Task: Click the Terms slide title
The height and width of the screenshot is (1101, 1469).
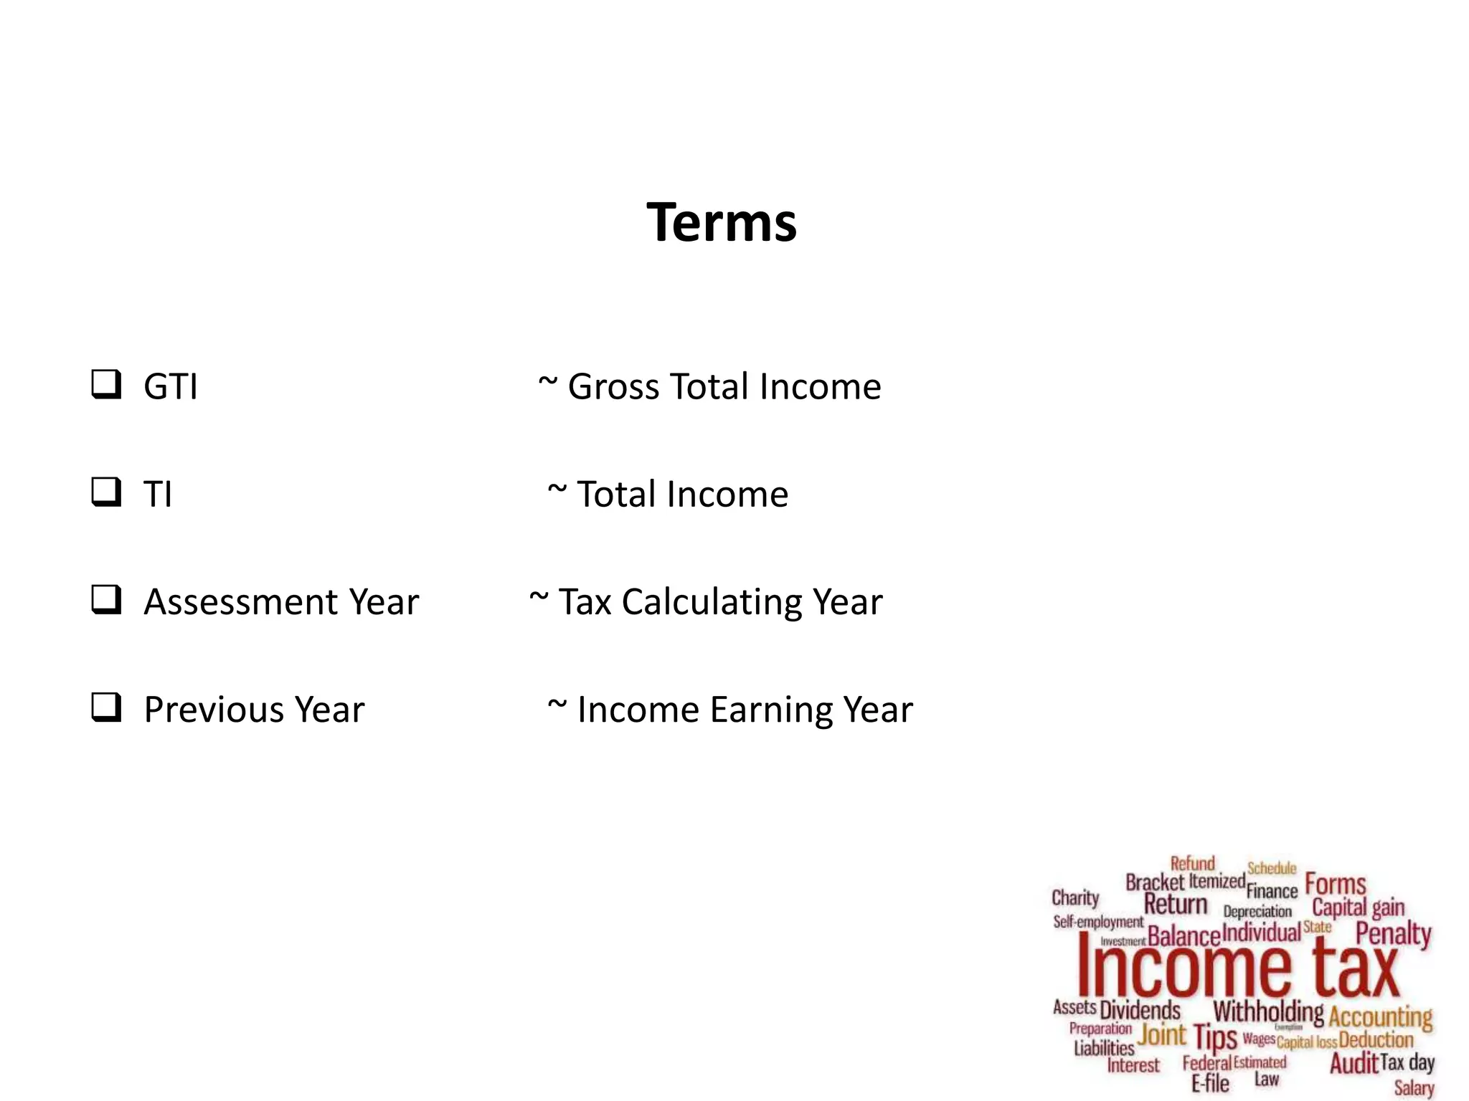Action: click(721, 222)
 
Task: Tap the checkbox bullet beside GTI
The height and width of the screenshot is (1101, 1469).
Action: click(106, 384)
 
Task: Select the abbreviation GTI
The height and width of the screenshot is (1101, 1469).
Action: click(171, 387)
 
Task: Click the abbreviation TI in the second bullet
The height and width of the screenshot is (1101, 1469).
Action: click(158, 495)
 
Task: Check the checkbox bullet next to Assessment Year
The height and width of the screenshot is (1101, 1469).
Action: click(106, 599)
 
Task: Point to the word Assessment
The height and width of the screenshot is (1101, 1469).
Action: click(240, 602)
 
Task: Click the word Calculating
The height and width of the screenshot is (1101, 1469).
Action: click(711, 602)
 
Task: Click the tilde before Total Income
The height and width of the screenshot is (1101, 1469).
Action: click(557, 490)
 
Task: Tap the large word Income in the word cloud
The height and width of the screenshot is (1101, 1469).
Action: click(1184, 969)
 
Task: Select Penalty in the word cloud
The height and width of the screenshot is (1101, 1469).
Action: click(1393, 934)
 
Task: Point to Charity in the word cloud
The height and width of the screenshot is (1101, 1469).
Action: click(1074, 898)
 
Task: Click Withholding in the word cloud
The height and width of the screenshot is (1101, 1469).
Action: click(1268, 1011)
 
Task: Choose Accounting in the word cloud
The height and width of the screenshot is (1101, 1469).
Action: click(1380, 1016)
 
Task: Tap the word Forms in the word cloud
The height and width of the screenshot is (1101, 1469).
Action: click(1335, 884)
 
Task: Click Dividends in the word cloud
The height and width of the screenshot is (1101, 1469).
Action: click(1140, 1010)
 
